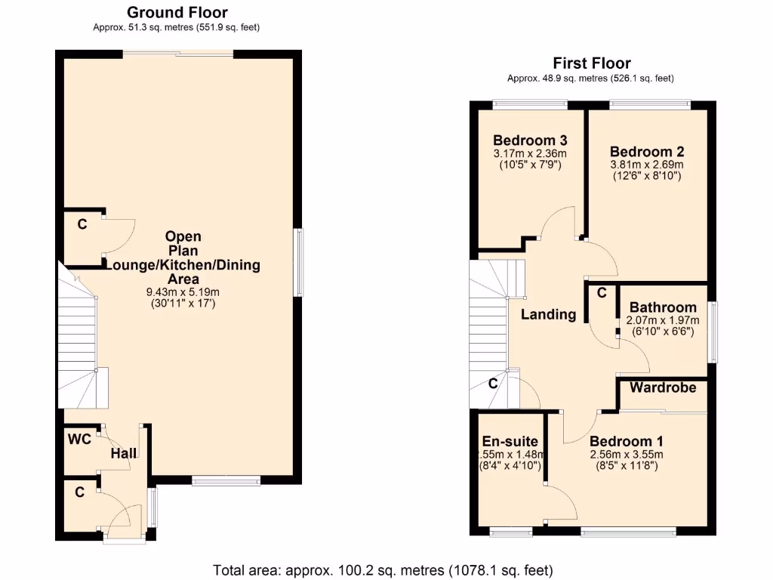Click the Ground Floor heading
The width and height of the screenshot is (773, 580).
[177, 12]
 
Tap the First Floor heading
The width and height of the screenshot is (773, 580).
[591, 63]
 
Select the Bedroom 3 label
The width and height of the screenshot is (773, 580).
[530, 140]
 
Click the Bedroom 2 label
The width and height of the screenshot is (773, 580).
[647, 151]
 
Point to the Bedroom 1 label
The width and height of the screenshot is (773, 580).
[627, 441]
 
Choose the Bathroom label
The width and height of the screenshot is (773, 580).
[662, 307]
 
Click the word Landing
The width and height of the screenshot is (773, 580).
[549, 314]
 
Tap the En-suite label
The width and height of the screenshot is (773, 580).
[510, 441]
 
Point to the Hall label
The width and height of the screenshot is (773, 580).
[124, 453]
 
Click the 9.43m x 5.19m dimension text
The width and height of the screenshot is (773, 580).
[183, 292]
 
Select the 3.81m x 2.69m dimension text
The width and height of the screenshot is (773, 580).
[647, 165]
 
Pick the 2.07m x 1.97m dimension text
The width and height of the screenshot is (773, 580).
[662, 320]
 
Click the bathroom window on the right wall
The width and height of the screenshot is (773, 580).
[712, 332]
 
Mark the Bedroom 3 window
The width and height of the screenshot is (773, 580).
[530, 104]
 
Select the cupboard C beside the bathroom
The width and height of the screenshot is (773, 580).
[602, 293]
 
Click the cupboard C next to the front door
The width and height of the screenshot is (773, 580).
[79, 492]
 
